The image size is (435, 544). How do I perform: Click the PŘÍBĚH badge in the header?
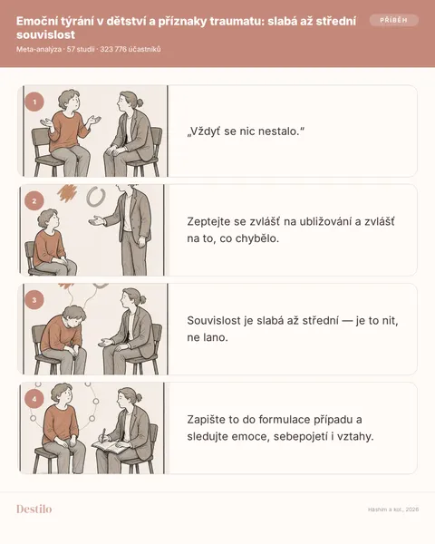(393, 20)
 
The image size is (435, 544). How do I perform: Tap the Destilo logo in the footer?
(34, 509)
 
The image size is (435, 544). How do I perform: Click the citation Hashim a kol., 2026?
(393, 510)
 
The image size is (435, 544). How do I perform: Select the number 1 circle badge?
(34, 102)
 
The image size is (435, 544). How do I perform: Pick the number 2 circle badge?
(34, 201)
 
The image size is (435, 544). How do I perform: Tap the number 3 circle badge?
(34, 300)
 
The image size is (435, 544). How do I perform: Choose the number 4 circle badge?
(34, 399)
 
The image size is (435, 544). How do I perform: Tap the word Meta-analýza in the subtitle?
(39, 49)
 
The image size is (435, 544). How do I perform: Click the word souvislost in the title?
(46, 34)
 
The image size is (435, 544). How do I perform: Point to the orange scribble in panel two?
(67, 193)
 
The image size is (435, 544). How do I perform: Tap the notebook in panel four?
(111, 446)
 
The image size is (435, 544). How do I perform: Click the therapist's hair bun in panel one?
(140, 102)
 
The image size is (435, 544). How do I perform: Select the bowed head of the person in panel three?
(74, 316)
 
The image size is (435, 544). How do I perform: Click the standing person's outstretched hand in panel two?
(97, 220)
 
